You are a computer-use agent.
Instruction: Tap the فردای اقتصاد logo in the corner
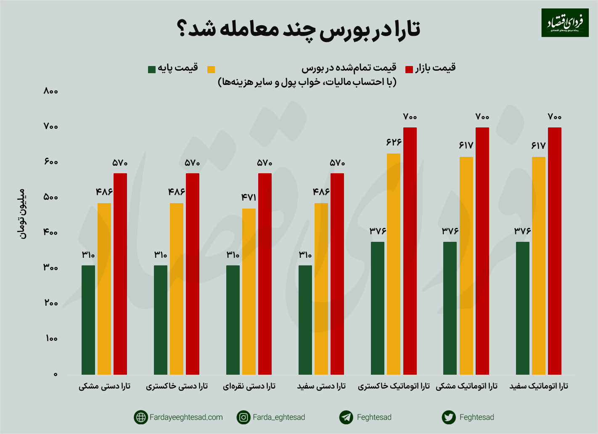565,23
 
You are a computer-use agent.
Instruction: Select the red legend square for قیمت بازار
409,69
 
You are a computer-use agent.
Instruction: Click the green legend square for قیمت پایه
152,69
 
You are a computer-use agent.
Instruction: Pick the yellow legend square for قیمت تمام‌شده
211,69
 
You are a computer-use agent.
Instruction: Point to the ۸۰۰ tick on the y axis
51,91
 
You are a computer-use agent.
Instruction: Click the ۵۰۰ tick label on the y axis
51,197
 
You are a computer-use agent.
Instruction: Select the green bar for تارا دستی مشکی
88,320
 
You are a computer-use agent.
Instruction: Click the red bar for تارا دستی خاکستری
193,273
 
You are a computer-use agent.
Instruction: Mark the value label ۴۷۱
249,197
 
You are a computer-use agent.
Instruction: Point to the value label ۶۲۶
394,142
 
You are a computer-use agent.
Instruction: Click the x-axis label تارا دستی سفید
321,386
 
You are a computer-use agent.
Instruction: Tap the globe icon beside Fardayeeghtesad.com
140,417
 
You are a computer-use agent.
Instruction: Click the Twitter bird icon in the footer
449,417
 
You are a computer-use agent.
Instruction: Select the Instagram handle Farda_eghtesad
279,417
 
